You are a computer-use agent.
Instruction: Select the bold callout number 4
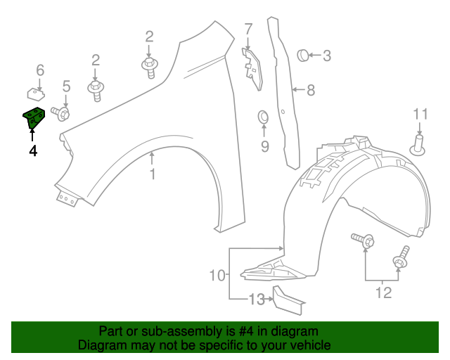pos(33,150)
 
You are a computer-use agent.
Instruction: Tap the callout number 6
pos(40,70)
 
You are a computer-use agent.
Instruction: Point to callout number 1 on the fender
pos(153,174)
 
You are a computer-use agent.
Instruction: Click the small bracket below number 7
pos(250,66)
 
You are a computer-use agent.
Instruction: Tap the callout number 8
pos(311,90)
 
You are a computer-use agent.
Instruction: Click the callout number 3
pos(327,55)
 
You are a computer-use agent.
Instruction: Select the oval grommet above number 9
pos(264,116)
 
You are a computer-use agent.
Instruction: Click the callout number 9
pos(264,146)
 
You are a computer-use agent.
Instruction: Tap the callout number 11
pos(420,114)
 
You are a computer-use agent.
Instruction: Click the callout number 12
pos(383,292)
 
